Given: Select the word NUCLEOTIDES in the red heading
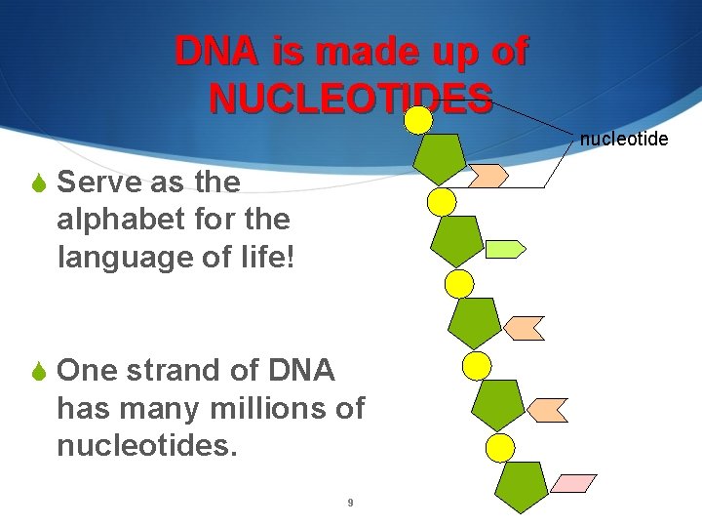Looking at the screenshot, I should pos(350,98).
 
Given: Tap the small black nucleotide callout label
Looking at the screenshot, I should pos(624,140).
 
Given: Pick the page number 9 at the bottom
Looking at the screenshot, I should pos(350,504).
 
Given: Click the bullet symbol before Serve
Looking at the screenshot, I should pos(40,182).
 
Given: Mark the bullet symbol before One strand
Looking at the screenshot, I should pos(40,372).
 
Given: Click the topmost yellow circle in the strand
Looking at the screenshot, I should pos(418,120).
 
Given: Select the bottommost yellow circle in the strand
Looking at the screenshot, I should pos(500,448).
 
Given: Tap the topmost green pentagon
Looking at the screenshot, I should pos(439,158).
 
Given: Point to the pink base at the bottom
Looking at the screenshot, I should pos(574,483).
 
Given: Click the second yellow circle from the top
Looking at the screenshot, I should pos(443,202).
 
